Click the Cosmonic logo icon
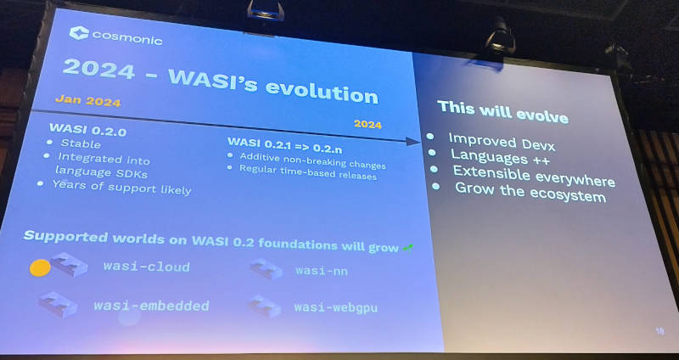(x=79, y=33)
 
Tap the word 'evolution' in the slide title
(x=322, y=89)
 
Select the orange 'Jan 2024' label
(x=88, y=101)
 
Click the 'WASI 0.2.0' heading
(x=88, y=130)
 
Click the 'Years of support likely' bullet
(x=121, y=188)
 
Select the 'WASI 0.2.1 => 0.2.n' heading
(x=284, y=145)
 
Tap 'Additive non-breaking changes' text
(x=312, y=161)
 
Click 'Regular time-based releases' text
(x=308, y=172)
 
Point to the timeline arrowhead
(x=412, y=142)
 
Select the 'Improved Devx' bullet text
(x=502, y=142)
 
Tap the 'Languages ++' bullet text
(x=500, y=156)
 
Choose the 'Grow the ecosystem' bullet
(x=530, y=193)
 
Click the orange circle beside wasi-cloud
(x=40, y=268)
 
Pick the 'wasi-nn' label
(x=322, y=271)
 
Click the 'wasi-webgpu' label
(x=335, y=308)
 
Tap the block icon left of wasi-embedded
(x=58, y=304)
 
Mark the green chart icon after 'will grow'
(x=407, y=248)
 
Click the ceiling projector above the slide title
(x=266, y=10)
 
